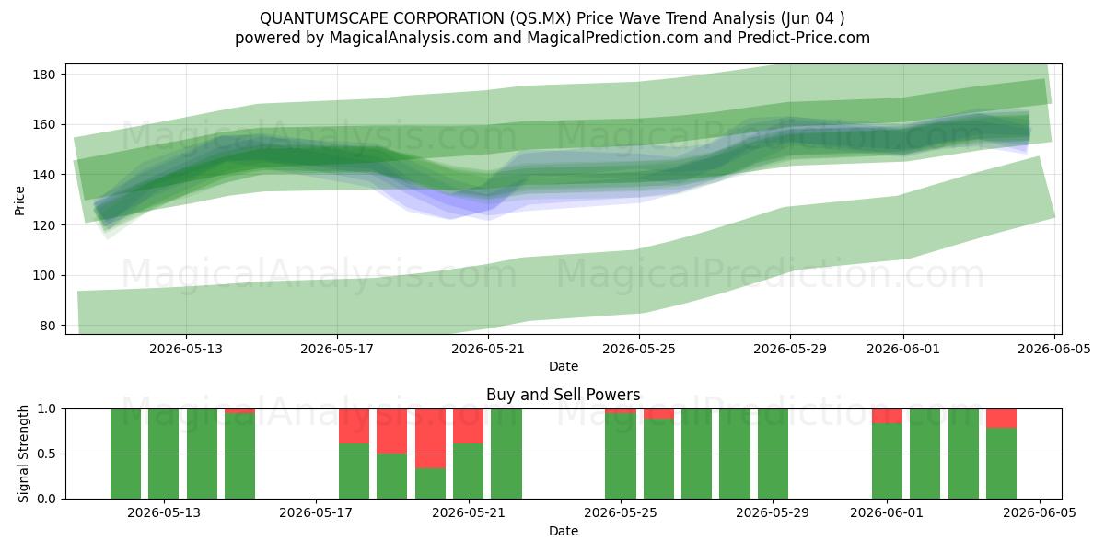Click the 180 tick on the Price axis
(x=43, y=75)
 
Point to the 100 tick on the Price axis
(x=43, y=275)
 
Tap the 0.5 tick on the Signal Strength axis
(x=47, y=454)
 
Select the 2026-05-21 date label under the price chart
(x=488, y=349)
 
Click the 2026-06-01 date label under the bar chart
(x=887, y=513)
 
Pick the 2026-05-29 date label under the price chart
(x=790, y=349)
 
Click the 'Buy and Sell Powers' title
(x=564, y=395)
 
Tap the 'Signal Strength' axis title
(x=23, y=454)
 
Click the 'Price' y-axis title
(x=19, y=201)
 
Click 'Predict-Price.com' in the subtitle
(x=804, y=38)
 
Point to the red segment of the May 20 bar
(x=430, y=439)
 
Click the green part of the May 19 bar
(x=391, y=477)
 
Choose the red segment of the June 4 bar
(x=1002, y=419)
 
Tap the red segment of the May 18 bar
(x=354, y=426)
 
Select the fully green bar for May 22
(x=506, y=454)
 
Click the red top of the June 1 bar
(x=887, y=416)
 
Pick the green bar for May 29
(x=773, y=454)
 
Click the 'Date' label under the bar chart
(x=564, y=531)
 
